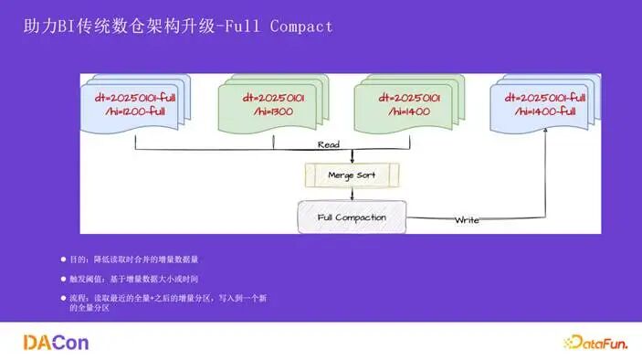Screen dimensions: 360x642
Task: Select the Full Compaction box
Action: point(352,217)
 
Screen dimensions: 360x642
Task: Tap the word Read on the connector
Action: point(329,144)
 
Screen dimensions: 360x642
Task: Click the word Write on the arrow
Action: point(467,219)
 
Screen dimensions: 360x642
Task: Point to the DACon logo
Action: point(56,343)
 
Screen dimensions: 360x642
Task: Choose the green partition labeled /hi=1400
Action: point(407,103)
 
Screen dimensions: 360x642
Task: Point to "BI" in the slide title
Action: point(68,26)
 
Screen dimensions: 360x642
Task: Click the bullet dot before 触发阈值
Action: point(63,278)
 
